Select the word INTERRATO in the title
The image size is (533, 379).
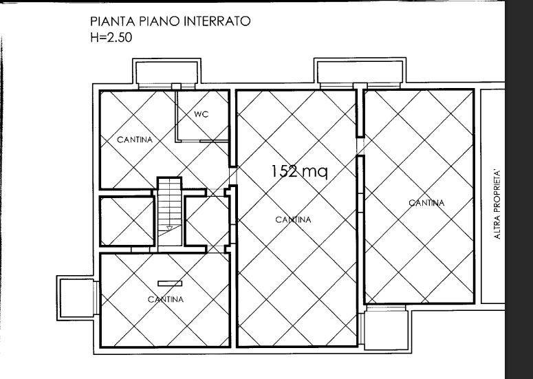[216, 21]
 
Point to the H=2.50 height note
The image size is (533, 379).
[111, 37]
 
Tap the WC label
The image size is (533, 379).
[200, 114]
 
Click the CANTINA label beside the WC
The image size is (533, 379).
[134, 140]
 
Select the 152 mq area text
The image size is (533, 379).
[298, 171]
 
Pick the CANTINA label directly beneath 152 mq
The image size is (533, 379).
[293, 220]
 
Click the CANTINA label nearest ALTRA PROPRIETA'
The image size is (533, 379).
[426, 203]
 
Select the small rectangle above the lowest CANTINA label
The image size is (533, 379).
[169, 283]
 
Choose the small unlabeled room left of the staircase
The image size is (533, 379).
[126, 221]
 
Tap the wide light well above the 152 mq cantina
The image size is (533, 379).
[358, 70]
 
